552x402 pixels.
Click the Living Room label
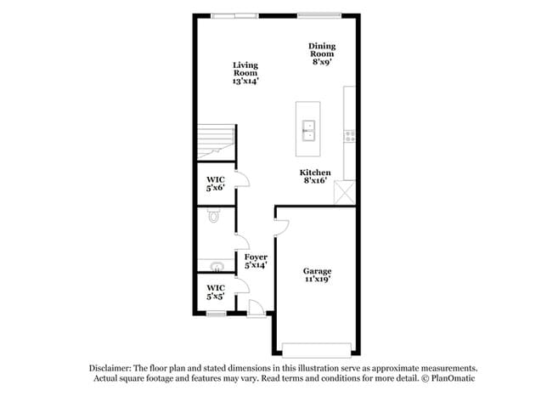click(x=245, y=73)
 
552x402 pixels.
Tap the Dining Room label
click(x=322, y=54)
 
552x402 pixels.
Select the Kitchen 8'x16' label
click(x=317, y=176)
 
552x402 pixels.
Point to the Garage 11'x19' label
click(x=318, y=275)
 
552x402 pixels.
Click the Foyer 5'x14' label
click(x=256, y=261)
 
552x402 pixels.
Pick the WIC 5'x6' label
click(x=215, y=183)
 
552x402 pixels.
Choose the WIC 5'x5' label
click(x=215, y=292)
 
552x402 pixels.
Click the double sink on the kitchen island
click(x=308, y=130)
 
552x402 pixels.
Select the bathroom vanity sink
click(x=215, y=264)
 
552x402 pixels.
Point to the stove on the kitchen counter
click(x=348, y=135)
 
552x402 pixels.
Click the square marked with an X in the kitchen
click(x=345, y=192)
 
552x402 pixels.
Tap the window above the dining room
click(x=318, y=14)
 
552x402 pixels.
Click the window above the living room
click(x=235, y=14)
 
